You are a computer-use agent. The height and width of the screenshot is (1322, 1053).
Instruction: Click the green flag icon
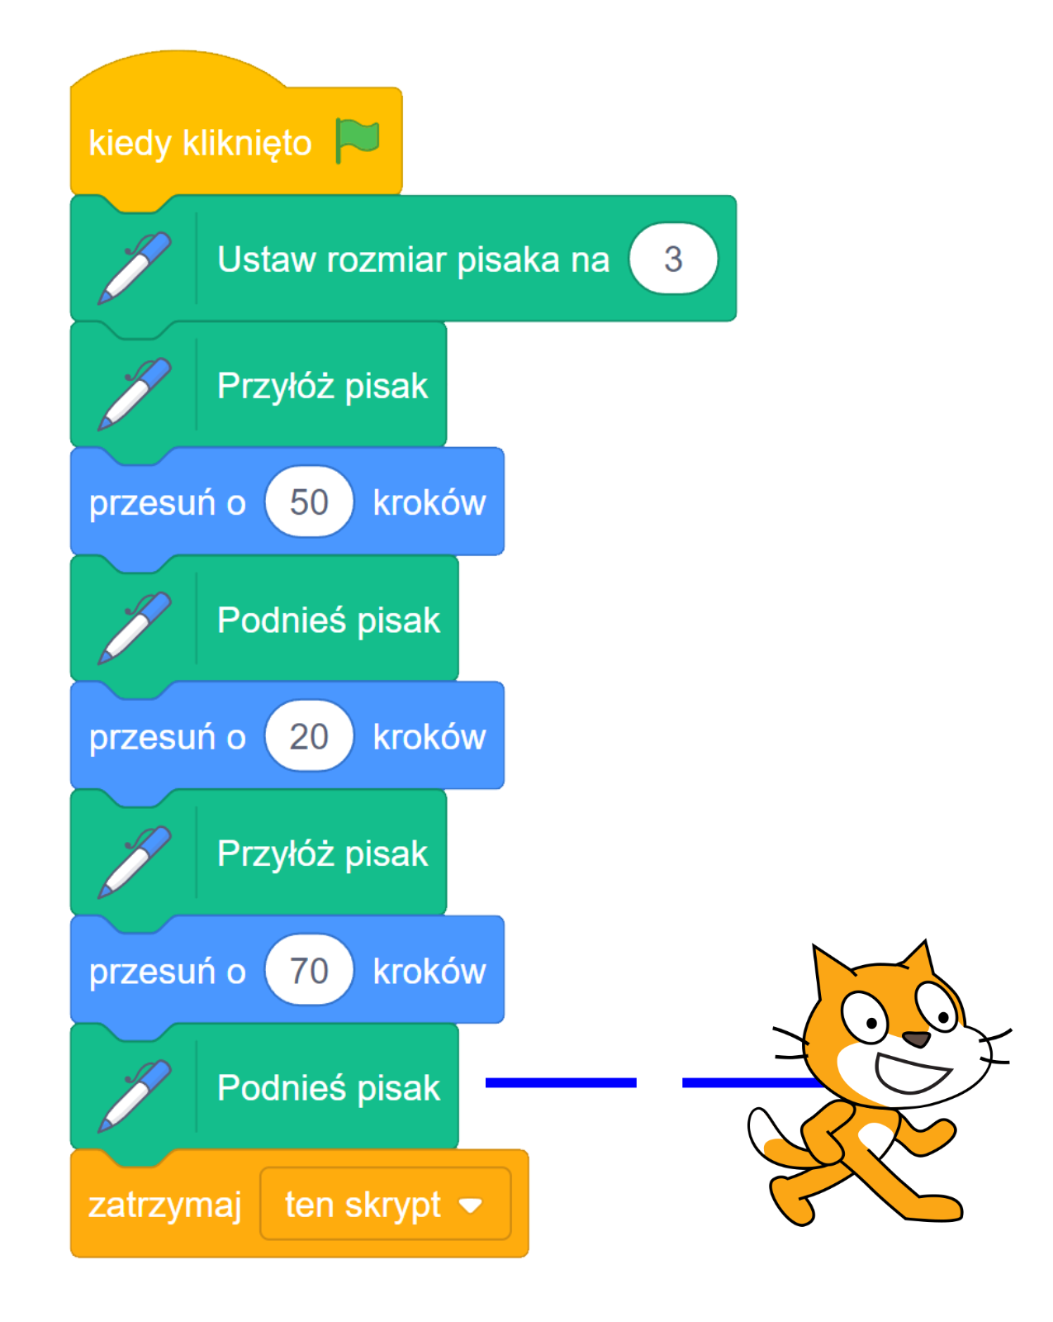tap(358, 140)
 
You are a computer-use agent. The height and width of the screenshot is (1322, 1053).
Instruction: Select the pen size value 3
tap(673, 259)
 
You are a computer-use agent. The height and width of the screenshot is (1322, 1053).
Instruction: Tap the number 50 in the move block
tap(309, 502)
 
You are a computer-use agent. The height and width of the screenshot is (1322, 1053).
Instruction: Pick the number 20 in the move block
tap(309, 736)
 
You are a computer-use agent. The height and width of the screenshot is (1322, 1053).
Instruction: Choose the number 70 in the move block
tap(309, 971)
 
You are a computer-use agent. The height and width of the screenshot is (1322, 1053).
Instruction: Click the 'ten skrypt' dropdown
tap(385, 1205)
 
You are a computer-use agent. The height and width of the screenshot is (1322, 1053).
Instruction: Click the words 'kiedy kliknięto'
tap(200, 143)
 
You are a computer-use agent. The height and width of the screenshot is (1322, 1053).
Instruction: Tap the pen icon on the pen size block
tap(134, 267)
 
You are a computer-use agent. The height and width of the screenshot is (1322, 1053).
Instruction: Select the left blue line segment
tap(561, 1082)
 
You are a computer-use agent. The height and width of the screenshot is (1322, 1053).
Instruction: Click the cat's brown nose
tap(915, 1039)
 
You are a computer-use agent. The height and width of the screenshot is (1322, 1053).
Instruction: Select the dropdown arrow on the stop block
tap(471, 1205)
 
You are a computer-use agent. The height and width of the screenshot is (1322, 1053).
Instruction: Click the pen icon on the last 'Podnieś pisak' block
tap(134, 1095)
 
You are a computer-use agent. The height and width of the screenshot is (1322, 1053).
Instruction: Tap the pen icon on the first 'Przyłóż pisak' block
tap(134, 393)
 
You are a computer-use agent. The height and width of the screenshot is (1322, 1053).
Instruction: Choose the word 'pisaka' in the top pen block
tap(509, 259)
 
